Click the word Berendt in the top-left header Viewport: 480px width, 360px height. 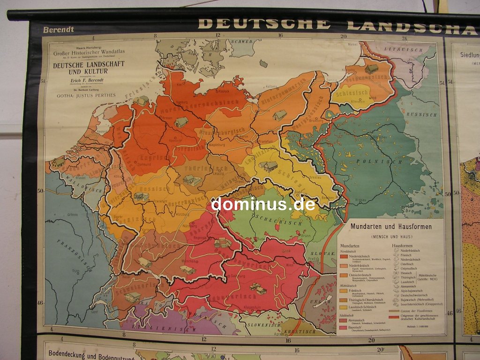tap(58, 30)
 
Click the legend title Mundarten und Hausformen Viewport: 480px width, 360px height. tap(390, 226)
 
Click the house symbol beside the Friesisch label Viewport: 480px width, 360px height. tap(142, 101)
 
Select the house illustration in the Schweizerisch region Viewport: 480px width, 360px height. tap(133, 297)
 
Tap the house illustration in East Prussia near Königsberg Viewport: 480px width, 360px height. tap(372, 69)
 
